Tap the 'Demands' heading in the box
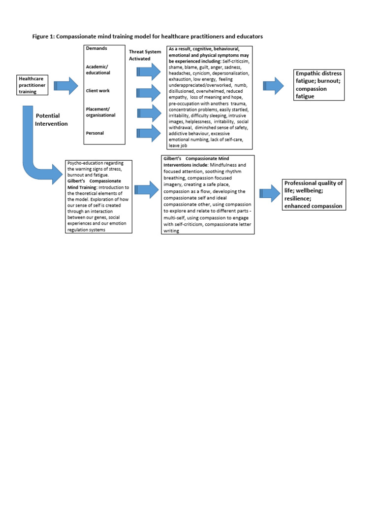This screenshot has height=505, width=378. pyautogui.click(x=96, y=48)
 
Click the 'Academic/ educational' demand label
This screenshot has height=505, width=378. pyautogui.click(x=98, y=70)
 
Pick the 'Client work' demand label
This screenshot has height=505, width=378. pyautogui.click(x=97, y=91)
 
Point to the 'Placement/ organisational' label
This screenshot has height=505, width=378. pyautogui.click(x=100, y=112)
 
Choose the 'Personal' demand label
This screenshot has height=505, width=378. pyautogui.click(x=94, y=133)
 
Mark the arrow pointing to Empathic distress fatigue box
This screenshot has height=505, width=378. pyautogui.click(x=273, y=86)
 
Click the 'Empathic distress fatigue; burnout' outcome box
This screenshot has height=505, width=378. pyautogui.click(x=318, y=85)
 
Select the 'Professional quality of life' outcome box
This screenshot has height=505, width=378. pyautogui.click(x=313, y=194)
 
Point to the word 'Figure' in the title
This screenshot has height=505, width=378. pyautogui.click(x=42, y=36)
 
